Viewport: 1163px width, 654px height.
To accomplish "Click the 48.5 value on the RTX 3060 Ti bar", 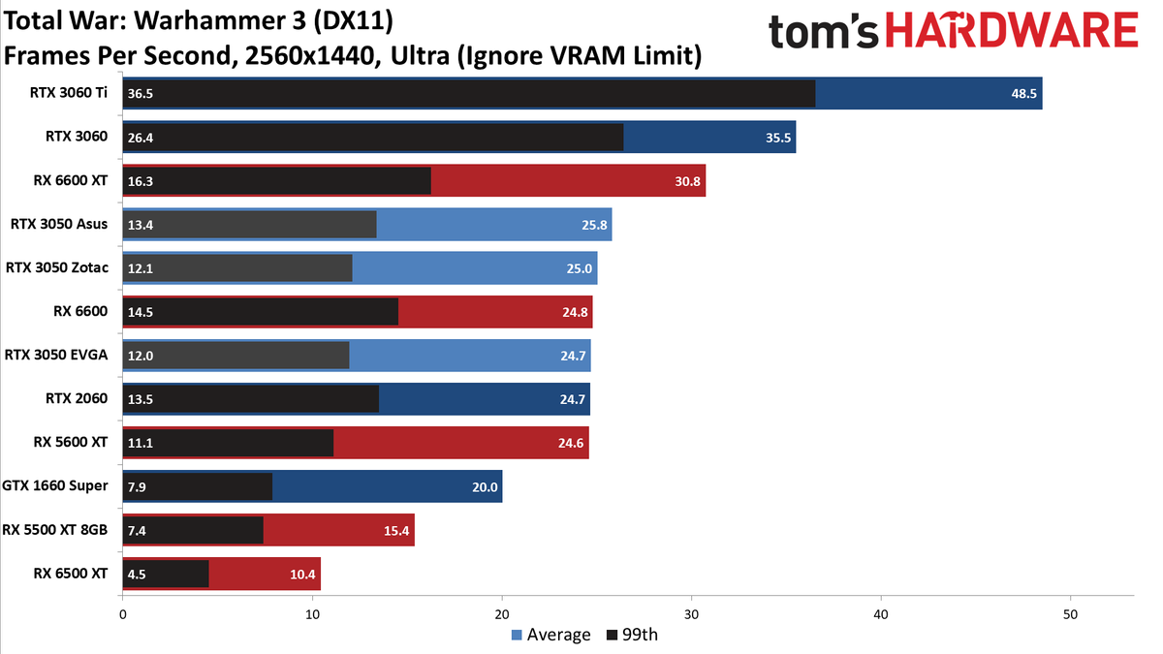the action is [1023, 94].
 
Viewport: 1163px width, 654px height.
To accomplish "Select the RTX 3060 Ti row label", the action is [69, 93].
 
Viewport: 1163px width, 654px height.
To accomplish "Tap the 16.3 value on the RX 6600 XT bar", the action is [141, 182].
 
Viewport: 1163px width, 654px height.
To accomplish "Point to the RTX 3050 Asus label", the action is [59, 224].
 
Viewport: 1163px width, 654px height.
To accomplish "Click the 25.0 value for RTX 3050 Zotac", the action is [579, 269].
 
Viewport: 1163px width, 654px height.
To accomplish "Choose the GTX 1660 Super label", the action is [55, 485].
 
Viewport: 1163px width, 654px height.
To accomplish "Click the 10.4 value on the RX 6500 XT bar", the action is [302, 575].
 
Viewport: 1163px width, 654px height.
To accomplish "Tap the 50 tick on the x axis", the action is [1071, 615].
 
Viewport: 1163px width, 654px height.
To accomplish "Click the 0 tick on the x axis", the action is [122, 615].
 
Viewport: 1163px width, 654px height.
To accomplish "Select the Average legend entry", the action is [550, 635].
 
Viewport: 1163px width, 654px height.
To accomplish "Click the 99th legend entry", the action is [632, 635].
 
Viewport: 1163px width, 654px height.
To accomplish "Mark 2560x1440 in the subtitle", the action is [310, 55].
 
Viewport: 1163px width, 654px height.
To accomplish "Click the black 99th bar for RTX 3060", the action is [373, 138].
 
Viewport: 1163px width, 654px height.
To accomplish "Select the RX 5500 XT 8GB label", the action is [55, 530].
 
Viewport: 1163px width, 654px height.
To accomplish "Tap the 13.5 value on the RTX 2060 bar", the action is [141, 399].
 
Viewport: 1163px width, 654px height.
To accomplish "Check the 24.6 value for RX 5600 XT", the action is [571, 444].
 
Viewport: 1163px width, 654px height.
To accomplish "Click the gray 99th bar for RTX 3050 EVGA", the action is [236, 356].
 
